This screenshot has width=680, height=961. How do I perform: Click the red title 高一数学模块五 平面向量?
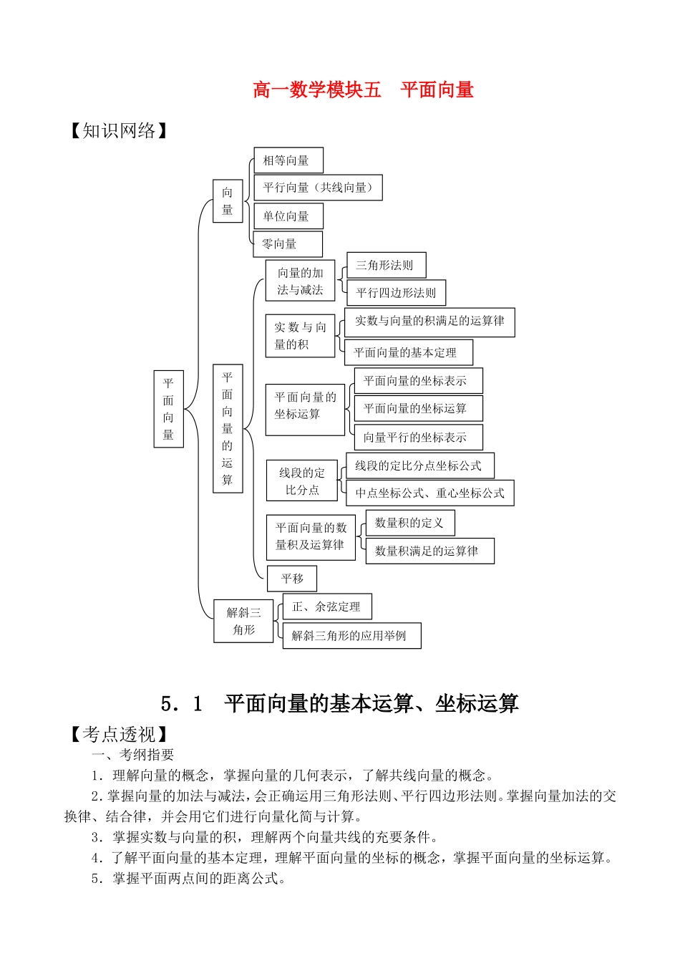(x=363, y=90)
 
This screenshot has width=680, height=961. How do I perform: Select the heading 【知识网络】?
(x=118, y=131)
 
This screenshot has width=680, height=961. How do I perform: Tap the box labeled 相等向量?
(x=288, y=160)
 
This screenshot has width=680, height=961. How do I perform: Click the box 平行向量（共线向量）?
(x=318, y=188)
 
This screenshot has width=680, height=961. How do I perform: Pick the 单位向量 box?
(x=288, y=216)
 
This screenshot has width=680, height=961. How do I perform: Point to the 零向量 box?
(x=288, y=244)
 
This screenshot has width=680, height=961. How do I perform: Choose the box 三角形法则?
(x=386, y=265)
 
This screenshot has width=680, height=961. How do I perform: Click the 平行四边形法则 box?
(x=396, y=293)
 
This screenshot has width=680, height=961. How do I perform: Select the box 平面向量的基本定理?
(x=408, y=352)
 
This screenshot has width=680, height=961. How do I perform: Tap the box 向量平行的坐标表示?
(x=418, y=437)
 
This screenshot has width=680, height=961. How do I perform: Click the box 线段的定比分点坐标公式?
(x=420, y=465)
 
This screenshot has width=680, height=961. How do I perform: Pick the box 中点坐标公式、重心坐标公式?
(x=429, y=493)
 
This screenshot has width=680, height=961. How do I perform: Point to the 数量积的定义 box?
(x=410, y=523)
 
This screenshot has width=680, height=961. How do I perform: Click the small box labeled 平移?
(x=292, y=579)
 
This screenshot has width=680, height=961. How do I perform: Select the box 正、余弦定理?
(x=327, y=607)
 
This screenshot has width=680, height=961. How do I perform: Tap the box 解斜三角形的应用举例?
(x=351, y=636)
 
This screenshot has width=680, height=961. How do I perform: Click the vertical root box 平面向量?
(x=169, y=409)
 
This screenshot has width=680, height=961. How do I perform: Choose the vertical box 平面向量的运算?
(x=228, y=428)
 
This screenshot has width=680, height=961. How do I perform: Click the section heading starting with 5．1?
(x=339, y=704)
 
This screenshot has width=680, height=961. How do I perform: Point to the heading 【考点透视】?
(x=118, y=734)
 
